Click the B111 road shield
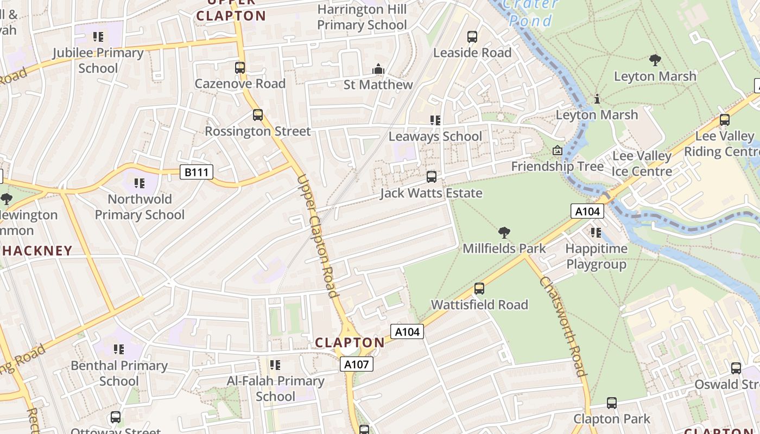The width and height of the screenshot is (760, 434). click(x=197, y=173)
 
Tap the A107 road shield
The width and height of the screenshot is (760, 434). click(x=357, y=364)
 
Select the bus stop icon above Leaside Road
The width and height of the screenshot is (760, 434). click(x=472, y=37)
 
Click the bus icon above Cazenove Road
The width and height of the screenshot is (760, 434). click(x=240, y=68)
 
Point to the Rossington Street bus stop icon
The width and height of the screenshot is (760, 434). click(x=258, y=115)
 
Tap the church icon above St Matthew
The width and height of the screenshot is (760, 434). click(x=378, y=69)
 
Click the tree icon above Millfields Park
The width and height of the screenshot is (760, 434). click(x=504, y=233)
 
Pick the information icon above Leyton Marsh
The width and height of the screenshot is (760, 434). click(x=597, y=99)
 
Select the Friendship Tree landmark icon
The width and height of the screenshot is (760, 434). click(x=558, y=150)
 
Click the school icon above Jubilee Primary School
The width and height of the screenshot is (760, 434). click(x=98, y=37)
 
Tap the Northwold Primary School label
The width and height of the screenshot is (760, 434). click(x=140, y=207)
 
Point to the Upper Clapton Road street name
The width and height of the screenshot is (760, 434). click(x=319, y=236)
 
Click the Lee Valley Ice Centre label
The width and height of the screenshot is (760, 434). click(x=642, y=164)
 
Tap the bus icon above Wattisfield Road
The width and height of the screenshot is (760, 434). click(x=479, y=289)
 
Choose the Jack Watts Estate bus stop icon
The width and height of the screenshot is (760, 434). click(x=432, y=177)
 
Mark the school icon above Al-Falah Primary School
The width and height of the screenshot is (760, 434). click(x=275, y=365)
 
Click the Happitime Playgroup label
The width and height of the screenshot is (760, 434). click(x=597, y=257)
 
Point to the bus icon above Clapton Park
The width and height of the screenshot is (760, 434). click(x=612, y=403)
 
